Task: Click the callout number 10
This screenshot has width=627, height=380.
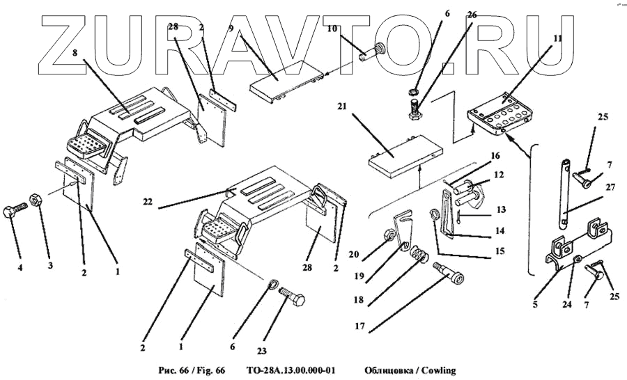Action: click(332, 29)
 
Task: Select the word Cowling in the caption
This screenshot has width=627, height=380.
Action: click(436, 370)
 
